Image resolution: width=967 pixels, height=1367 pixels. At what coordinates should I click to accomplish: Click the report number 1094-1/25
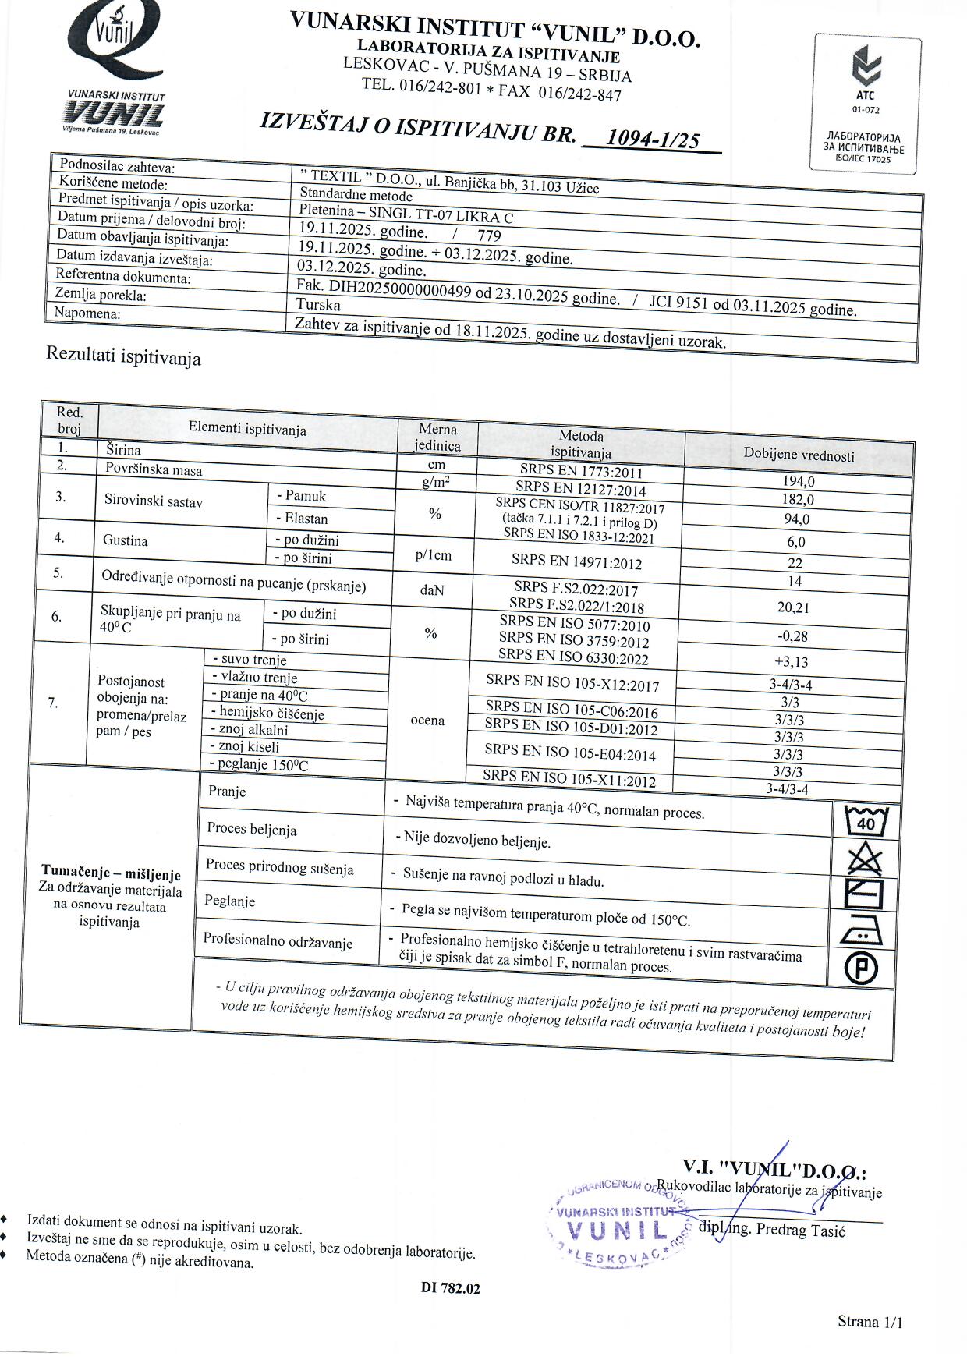652,139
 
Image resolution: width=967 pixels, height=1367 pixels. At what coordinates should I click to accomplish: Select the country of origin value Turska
318,304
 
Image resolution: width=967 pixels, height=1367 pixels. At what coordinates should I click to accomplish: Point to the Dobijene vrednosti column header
798,455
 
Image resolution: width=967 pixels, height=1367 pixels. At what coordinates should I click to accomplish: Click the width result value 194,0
798,482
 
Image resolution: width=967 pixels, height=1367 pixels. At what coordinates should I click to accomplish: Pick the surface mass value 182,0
798,500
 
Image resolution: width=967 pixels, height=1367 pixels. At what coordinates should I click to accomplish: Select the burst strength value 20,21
794,607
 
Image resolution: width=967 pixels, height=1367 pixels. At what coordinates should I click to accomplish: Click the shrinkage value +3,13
792,662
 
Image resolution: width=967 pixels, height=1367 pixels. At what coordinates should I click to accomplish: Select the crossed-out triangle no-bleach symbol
865,860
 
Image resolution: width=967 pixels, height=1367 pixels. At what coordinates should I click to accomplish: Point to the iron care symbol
862,931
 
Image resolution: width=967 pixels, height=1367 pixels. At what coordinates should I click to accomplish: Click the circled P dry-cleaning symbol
861,969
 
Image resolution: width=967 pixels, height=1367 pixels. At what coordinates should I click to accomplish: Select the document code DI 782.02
451,1289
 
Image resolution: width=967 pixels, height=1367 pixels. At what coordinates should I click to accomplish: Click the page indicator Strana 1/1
870,1321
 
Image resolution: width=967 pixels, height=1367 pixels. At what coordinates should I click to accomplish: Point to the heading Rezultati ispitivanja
124,356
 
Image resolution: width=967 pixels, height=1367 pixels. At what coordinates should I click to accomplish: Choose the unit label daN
432,591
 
